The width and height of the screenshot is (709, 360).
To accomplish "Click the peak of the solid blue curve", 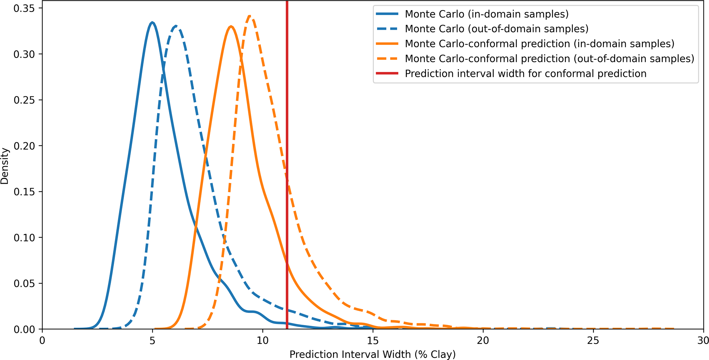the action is (x=152, y=23).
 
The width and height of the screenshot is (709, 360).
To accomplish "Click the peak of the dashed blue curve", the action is (x=176, y=26).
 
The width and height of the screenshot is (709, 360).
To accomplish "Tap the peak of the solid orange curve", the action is (x=231, y=27).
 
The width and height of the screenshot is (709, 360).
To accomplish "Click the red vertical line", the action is (x=287, y=165).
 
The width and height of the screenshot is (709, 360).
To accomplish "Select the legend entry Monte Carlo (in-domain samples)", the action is (x=486, y=14).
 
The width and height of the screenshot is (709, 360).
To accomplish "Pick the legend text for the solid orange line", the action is (x=540, y=44).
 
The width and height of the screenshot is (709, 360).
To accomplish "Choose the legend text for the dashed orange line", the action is (x=550, y=59).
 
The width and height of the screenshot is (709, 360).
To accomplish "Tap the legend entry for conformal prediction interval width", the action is (x=525, y=74).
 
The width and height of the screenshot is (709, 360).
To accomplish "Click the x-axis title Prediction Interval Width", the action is (x=373, y=354).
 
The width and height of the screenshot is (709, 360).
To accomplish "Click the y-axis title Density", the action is (x=5, y=166).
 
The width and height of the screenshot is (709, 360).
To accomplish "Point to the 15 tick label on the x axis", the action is (x=373, y=340).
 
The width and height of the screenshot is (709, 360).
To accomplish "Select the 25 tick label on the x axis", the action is (x=593, y=340).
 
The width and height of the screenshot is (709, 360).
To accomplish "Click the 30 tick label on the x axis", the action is (x=703, y=340).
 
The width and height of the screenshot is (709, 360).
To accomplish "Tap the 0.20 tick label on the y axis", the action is (x=24, y=146).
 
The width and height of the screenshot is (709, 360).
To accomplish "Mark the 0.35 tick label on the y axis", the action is (x=24, y=8).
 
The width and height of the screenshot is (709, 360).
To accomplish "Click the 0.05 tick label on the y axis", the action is (x=24, y=283).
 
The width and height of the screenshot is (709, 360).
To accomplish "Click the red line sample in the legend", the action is (x=387, y=74).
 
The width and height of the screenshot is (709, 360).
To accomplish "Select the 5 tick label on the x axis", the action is (x=152, y=340).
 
